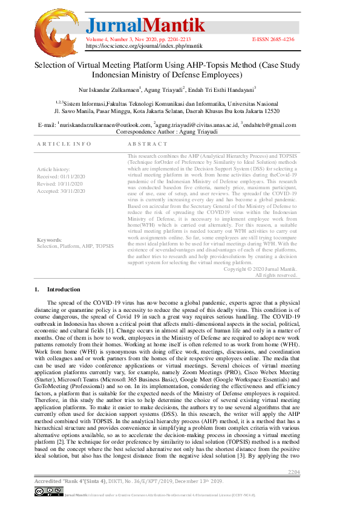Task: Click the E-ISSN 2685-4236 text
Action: coord(273,39)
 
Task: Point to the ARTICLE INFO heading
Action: coord(64,144)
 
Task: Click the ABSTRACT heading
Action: coord(148,144)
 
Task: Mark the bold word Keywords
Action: coord(49,240)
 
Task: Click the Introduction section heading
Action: coord(63,290)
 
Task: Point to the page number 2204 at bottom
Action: coord(293,472)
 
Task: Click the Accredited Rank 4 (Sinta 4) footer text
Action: coord(70,481)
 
